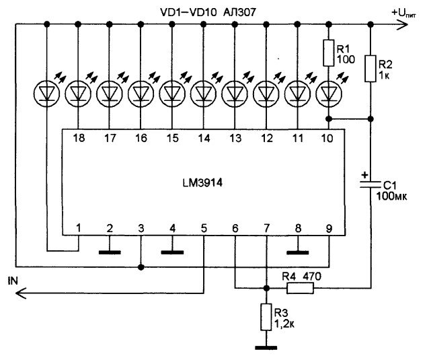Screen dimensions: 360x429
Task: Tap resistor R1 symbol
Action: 329,53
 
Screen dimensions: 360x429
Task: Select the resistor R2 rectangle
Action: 370,69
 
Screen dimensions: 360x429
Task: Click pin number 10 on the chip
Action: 328,139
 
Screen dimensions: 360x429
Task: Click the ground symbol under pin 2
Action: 110,253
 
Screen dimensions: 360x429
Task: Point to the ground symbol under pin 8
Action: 297,253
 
